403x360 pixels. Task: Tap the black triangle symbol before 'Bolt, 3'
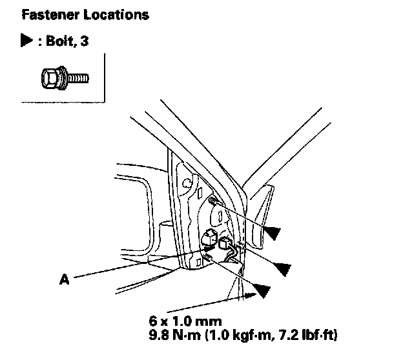pos(26,41)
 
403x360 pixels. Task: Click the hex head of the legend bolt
pos(50,79)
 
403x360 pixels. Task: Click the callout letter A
pos(63,279)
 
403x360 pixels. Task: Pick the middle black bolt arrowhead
pos(282,266)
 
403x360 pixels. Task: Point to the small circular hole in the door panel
pos(187,183)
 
